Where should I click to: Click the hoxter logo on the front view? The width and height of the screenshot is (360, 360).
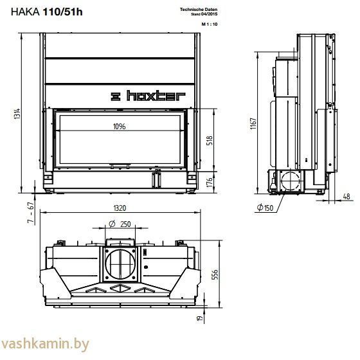pos(148,96)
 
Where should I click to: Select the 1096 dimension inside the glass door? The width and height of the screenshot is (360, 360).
pos(118,127)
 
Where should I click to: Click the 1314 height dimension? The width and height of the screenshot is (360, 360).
pos(16,114)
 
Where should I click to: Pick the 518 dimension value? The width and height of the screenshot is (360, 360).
pos(210,141)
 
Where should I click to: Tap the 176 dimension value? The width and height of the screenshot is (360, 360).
pos(210,182)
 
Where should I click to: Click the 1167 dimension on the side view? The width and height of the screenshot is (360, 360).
pos(254,122)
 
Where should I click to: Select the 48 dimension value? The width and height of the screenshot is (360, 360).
pos(346,197)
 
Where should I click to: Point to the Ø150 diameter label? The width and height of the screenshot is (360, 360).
pos(265,207)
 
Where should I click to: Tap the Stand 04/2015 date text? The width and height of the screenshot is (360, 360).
pos(206,14)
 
